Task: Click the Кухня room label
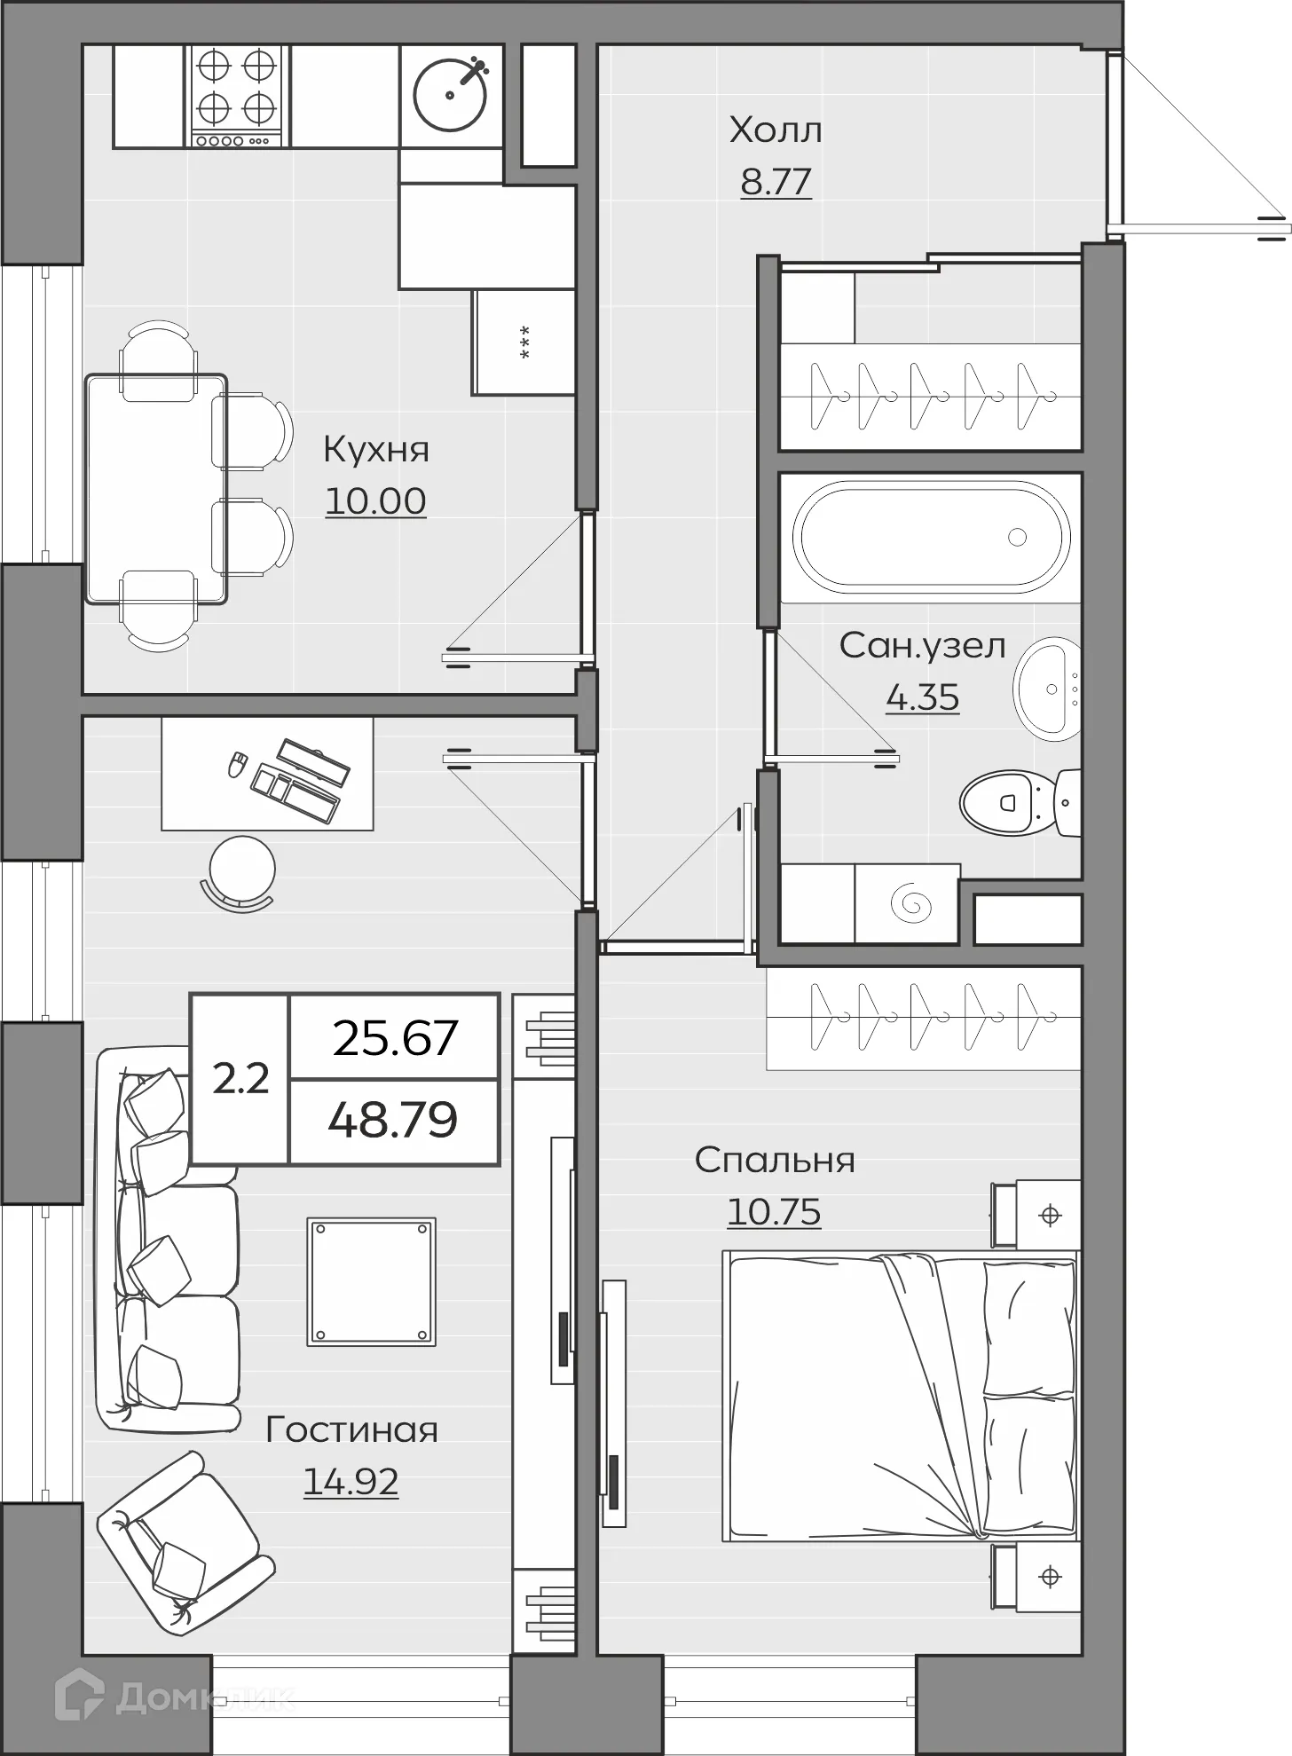click(375, 449)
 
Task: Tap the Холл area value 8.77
click(776, 182)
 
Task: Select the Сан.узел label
click(922, 645)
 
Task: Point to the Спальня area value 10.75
click(774, 1211)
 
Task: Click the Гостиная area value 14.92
click(351, 1481)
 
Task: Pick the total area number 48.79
click(393, 1120)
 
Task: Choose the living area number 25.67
click(395, 1037)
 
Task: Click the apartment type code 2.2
click(240, 1079)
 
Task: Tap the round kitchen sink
click(451, 95)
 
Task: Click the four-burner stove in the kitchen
click(237, 96)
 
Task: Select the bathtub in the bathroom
click(931, 537)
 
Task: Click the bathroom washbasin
click(1047, 689)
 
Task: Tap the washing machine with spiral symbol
click(907, 903)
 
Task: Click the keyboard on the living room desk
click(295, 792)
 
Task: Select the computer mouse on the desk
click(237, 765)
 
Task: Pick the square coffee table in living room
click(372, 1281)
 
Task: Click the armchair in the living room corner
click(185, 1543)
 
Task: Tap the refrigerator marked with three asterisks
click(524, 342)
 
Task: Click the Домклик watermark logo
click(174, 1697)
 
